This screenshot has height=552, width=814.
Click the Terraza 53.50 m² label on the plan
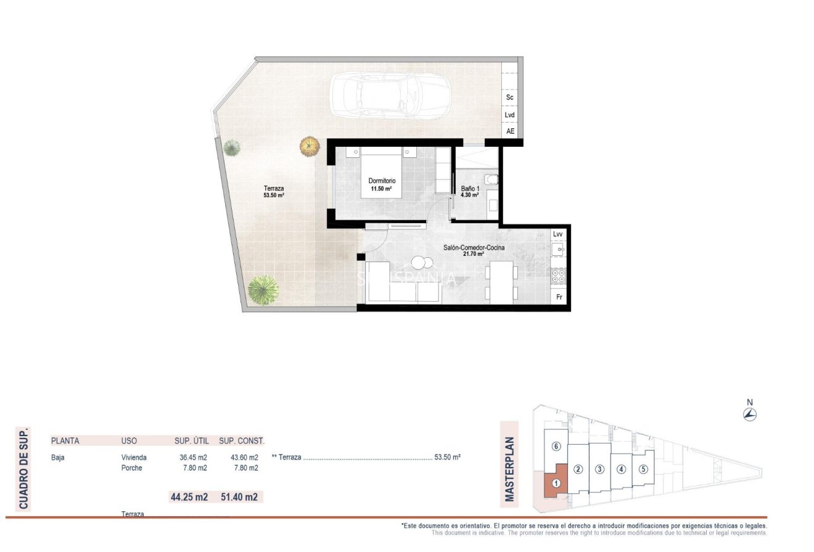tap(274, 192)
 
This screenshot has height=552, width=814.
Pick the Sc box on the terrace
tap(509, 97)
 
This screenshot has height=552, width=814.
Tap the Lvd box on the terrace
tap(509, 115)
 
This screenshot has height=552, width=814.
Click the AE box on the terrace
tap(510, 131)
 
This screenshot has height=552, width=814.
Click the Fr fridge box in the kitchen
tap(559, 297)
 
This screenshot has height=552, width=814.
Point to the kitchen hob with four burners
tap(558, 276)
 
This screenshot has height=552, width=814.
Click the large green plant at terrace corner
tap(263, 289)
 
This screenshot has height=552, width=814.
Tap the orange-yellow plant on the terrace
tap(310, 146)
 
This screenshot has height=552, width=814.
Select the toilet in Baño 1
tap(490, 179)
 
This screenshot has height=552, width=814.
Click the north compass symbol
tap(750, 414)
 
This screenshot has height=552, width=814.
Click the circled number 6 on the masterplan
tap(556, 446)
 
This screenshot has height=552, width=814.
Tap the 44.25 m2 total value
tap(189, 496)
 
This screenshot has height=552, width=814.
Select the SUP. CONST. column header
tap(242, 441)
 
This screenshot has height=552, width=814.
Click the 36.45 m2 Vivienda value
tap(192, 458)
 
